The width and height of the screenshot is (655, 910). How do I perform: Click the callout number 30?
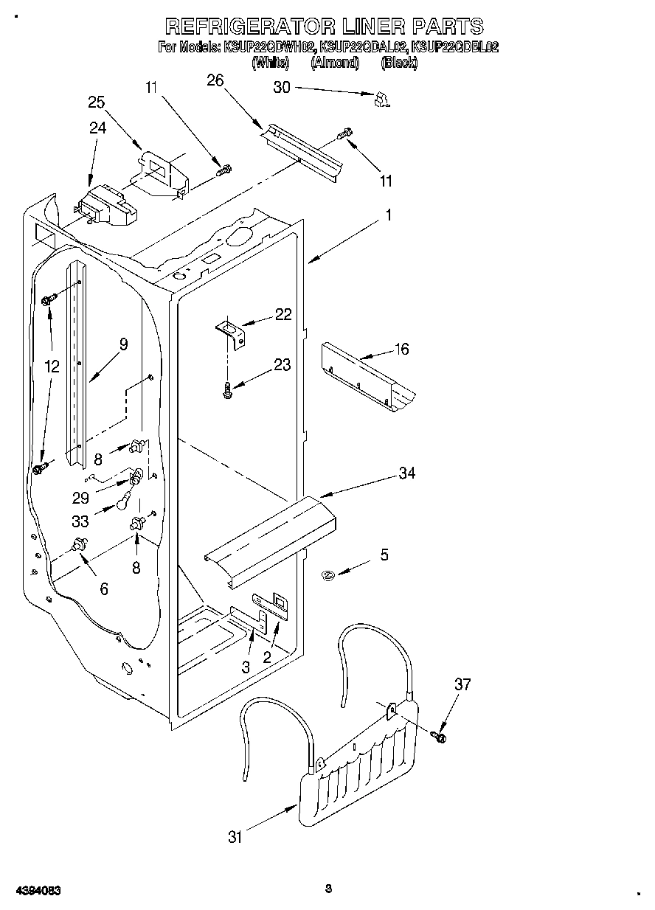tap(282, 87)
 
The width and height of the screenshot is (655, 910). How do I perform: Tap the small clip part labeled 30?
tap(381, 100)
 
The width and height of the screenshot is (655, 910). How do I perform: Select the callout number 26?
tap(215, 80)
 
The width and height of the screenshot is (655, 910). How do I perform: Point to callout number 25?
tap(97, 103)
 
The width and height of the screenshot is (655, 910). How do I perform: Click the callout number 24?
tap(98, 128)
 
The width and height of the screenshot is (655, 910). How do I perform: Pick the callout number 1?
tap(388, 215)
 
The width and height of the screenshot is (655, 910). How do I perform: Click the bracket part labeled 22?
tap(230, 331)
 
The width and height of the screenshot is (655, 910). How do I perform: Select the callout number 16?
tap(401, 350)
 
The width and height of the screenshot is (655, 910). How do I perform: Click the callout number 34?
tap(406, 473)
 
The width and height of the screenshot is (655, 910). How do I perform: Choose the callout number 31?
tap(235, 837)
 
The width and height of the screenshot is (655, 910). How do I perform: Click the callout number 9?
tap(123, 344)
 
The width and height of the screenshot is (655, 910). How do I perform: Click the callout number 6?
tap(103, 588)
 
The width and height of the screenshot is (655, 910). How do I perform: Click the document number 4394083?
tap(36, 890)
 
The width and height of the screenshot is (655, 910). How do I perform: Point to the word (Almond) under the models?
tap(334, 63)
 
